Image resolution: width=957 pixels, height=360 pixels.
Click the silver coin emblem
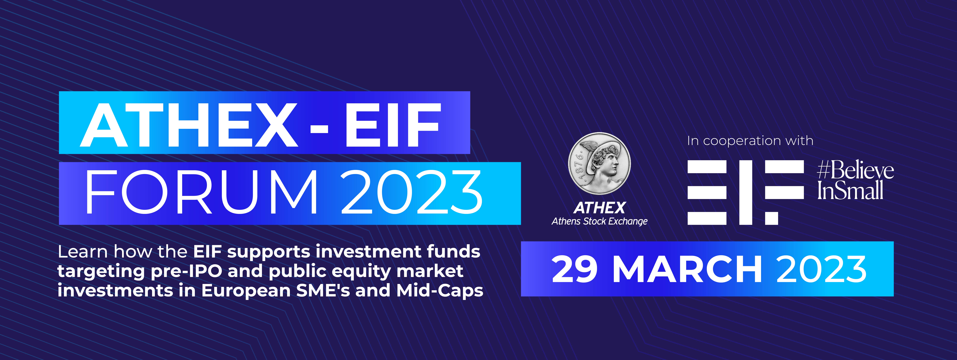pyautogui.click(x=599, y=164)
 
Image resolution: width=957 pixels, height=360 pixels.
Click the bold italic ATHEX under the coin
pyautogui.click(x=600, y=208)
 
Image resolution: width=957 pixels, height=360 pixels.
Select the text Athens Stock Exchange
pyautogui.click(x=600, y=221)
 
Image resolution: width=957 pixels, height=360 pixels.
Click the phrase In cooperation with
pyautogui.click(x=750, y=141)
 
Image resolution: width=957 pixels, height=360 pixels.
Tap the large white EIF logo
pyautogui.click(x=746, y=192)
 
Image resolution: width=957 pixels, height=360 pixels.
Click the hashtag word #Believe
pyautogui.click(x=855, y=171)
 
